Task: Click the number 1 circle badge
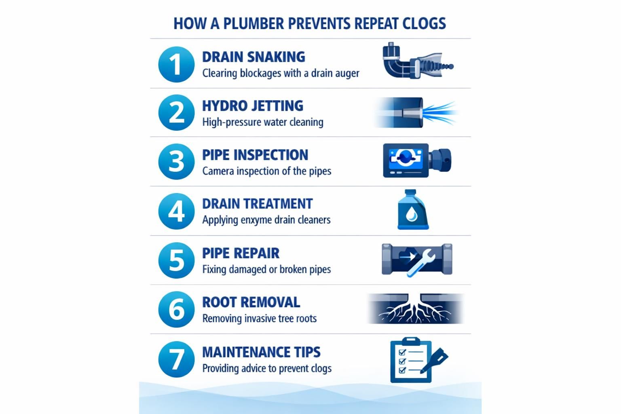(176, 64)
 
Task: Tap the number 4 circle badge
(176, 211)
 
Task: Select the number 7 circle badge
(176, 359)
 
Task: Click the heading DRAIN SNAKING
(253, 57)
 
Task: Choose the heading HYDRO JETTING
(253, 106)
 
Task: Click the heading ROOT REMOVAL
(251, 302)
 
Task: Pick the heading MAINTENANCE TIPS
(262, 352)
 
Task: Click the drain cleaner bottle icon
(413, 209)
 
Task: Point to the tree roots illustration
(415, 308)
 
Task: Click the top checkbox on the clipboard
(402, 352)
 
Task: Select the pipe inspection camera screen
(406, 158)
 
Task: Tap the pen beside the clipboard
(434, 360)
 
